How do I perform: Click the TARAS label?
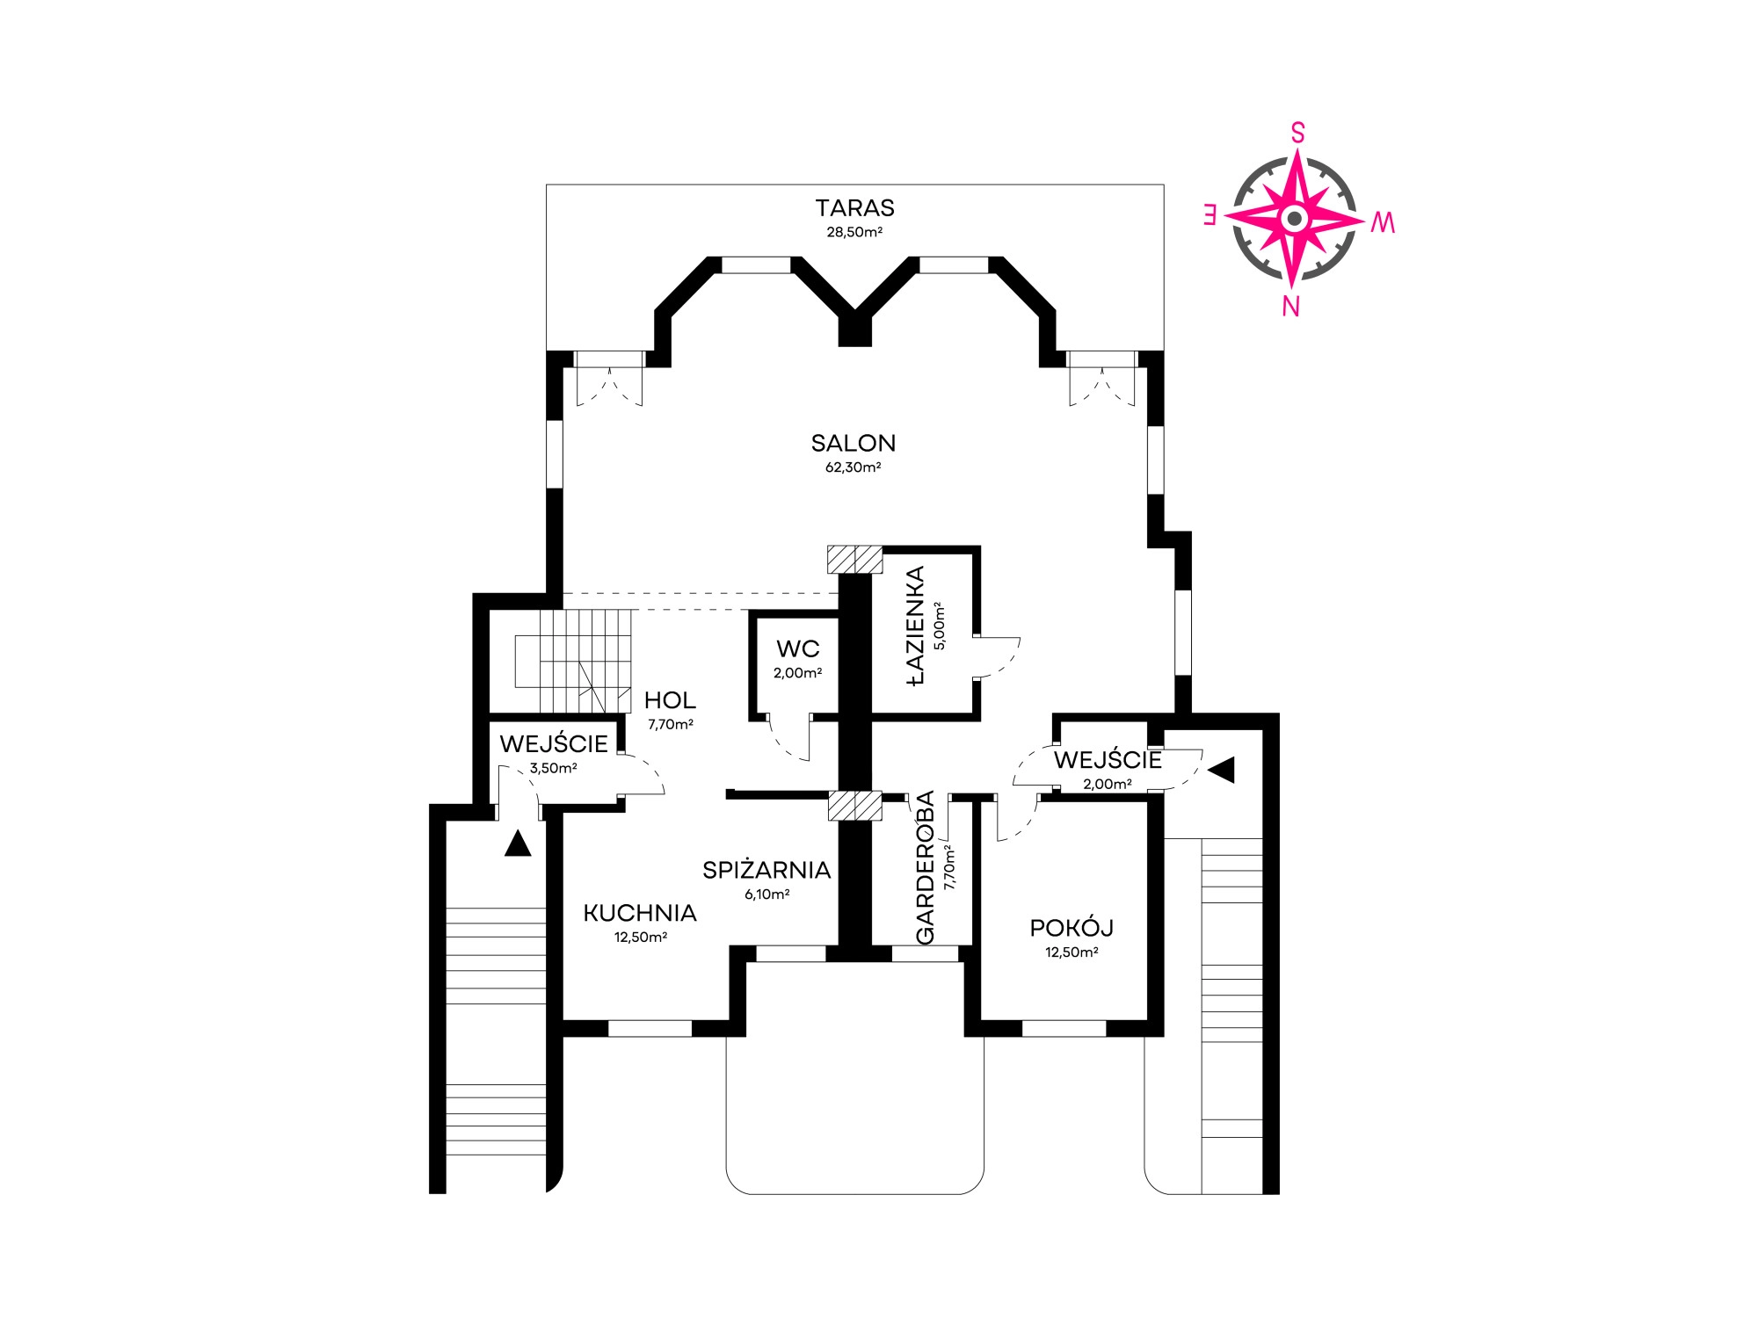pyautogui.click(x=854, y=208)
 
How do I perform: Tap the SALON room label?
pyautogui.click(x=854, y=443)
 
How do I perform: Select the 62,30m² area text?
pyautogui.click(x=853, y=467)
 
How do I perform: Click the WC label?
pyautogui.click(x=798, y=648)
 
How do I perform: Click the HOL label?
pyautogui.click(x=670, y=700)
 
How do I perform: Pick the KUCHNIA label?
pyautogui.click(x=640, y=913)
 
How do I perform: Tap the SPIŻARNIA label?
pyautogui.click(x=766, y=870)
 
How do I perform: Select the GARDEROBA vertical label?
pyautogui.click(x=926, y=868)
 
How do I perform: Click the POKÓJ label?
pyautogui.click(x=1072, y=927)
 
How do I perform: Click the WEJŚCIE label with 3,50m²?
pyautogui.click(x=554, y=743)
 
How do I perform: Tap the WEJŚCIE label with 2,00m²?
pyautogui.click(x=1108, y=759)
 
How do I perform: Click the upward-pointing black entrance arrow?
pyautogui.click(x=518, y=844)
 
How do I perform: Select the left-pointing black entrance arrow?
pyautogui.click(x=1222, y=770)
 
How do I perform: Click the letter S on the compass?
pyautogui.click(x=1297, y=133)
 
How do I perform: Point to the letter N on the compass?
pyautogui.click(x=1290, y=306)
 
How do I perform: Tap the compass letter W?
pyautogui.click(x=1383, y=223)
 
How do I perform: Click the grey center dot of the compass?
pyautogui.click(x=1294, y=218)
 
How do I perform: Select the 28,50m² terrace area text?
pyautogui.click(x=854, y=233)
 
